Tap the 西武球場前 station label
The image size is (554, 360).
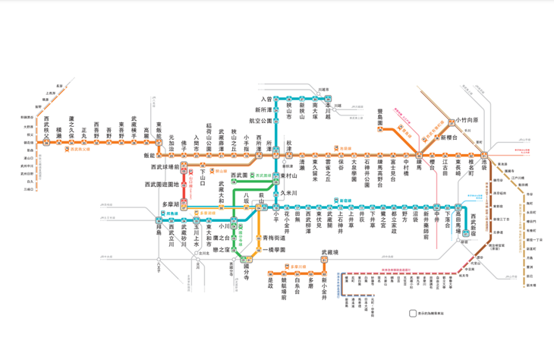click(x=166, y=166)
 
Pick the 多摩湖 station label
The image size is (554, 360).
click(x=171, y=204)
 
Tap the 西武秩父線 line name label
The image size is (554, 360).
click(x=80, y=150)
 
